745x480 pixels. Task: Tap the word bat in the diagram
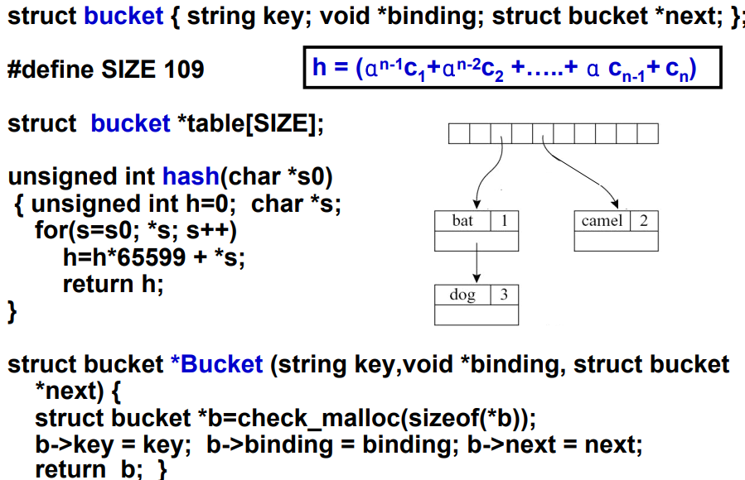[462, 220]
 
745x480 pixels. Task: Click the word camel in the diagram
[602, 220]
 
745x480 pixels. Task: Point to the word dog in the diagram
[462, 295]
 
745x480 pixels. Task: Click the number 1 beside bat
[504, 220]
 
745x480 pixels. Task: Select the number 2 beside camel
[643, 220]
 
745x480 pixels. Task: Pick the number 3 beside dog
[504, 295]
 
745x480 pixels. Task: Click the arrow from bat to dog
[477, 266]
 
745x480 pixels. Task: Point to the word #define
[46, 69]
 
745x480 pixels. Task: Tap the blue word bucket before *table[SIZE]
[130, 124]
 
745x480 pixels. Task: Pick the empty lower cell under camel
[616, 241]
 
